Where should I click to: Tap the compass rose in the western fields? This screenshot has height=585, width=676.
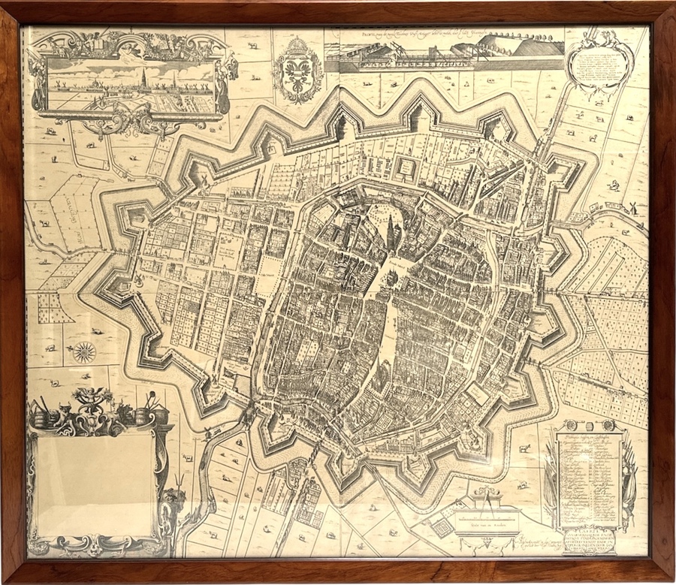pyautogui.click(x=85, y=351)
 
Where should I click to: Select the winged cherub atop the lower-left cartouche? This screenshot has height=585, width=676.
pyautogui.click(x=95, y=399)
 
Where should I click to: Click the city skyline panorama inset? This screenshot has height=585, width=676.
pyautogui.click(x=128, y=83)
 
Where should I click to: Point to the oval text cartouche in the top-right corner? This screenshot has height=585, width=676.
pyautogui.click(x=598, y=64)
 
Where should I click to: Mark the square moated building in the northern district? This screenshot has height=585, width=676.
pyautogui.click(x=406, y=167)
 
